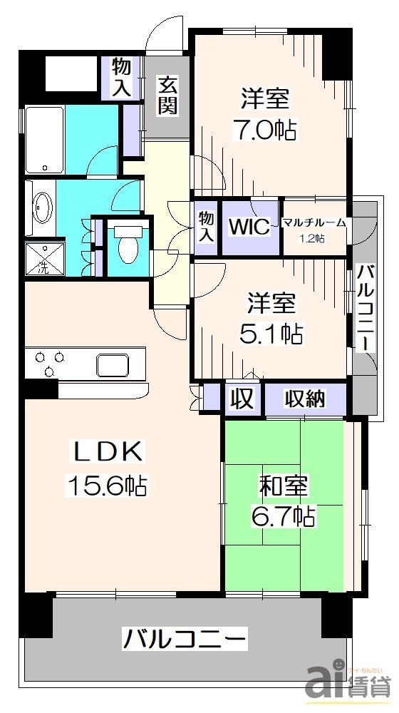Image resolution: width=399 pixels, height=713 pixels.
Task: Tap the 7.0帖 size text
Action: coord(264,130)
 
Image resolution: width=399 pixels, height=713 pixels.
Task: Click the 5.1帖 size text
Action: coord(271,332)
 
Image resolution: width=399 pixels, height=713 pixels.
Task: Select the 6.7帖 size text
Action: coord(283,515)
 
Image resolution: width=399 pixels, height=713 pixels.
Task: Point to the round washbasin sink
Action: coord(41,208)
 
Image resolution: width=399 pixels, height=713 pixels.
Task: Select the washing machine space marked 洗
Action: coord(40,260)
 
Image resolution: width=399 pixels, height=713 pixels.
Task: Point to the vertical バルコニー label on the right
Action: coord(364,306)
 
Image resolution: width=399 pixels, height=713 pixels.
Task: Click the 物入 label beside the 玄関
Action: coord(122,78)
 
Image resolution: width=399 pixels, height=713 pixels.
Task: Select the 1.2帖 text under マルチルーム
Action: coord(313,239)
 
